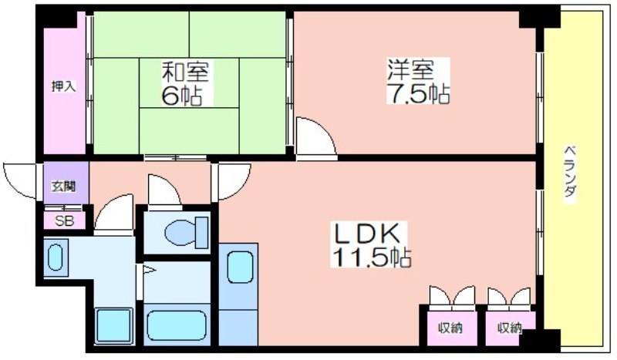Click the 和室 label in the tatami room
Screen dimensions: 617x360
click(185, 71)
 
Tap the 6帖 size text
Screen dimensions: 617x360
click(181, 96)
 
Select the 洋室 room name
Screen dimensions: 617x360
click(410, 69)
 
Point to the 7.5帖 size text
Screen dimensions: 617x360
click(418, 93)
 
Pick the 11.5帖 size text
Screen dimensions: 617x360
click(372, 257)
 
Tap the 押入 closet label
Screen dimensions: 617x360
click(63, 86)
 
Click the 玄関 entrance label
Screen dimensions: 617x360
click(64, 186)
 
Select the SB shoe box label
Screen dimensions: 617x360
click(64, 221)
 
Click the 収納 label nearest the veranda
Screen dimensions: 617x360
click(509, 328)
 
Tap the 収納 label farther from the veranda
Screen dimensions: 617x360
click(450, 328)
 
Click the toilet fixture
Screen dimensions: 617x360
click(186, 233)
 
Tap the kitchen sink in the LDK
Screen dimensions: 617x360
click(240, 267)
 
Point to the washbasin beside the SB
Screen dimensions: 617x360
click(55, 257)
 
